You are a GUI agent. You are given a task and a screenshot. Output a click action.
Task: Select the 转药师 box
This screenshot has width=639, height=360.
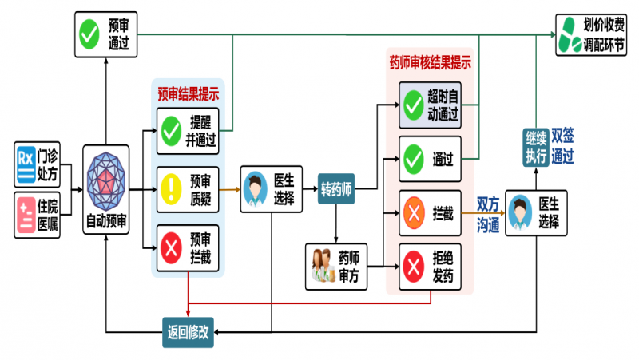point(336,188)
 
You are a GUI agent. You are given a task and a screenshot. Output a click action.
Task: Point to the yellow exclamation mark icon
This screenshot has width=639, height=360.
point(173,189)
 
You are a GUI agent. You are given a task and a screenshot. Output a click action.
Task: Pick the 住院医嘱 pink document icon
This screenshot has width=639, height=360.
point(26,213)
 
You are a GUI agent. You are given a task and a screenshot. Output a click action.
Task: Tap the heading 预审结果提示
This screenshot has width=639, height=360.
point(189,93)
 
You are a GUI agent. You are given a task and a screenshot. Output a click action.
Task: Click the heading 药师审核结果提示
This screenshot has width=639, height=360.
point(429,61)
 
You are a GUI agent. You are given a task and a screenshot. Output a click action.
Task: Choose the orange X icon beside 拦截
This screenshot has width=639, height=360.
point(414,213)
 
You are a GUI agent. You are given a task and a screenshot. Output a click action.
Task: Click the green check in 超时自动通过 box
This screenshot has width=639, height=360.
point(414,105)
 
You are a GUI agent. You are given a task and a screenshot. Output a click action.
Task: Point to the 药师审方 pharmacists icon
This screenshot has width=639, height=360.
point(322,266)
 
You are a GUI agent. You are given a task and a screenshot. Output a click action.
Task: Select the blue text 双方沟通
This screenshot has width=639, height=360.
point(488,213)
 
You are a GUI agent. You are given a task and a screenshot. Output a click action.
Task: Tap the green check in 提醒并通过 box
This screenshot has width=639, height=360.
point(173,131)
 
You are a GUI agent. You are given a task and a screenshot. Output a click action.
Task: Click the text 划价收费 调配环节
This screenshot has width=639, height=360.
point(604,34)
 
